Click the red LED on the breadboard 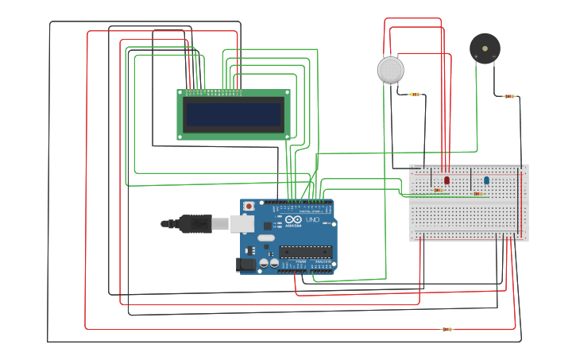point(446,180)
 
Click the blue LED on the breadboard point(486,181)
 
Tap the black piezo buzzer point(485,48)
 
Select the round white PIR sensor point(390,70)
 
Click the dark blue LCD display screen point(233,114)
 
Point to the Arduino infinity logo point(292,220)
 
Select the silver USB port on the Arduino point(242,224)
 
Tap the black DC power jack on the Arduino point(247,265)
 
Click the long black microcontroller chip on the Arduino point(305,252)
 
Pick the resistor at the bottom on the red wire point(446,329)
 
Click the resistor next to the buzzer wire point(509,96)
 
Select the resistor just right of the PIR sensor point(414,95)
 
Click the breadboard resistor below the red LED point(438,190)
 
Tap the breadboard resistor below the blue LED point(478,193)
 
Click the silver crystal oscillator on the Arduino point(265,238)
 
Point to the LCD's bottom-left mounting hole point(180,137)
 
